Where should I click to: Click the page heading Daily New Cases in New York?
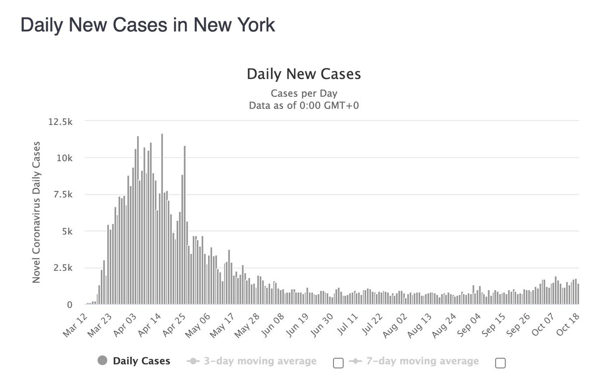coord(148,25)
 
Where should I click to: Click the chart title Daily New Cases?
coord(303,75)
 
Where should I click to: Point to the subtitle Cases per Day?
coord(303,93)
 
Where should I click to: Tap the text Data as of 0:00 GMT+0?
coord(303,105)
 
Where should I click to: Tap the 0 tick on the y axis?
coord(72,305)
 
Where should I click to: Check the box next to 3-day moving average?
coord(338,363)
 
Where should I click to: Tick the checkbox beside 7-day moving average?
coord(500,363)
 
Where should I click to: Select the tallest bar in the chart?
coord(162,218)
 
